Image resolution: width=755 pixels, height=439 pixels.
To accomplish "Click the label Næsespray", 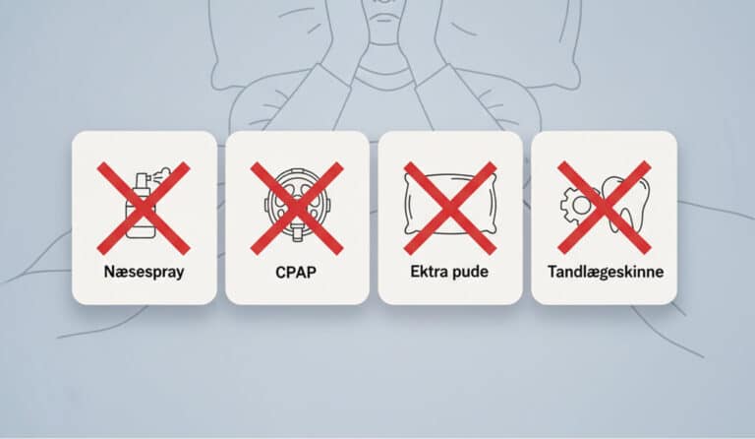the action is pyautogui.click(x=144, y=272).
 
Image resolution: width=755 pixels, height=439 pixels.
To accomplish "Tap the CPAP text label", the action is pyautogui.click(x=296, y=273).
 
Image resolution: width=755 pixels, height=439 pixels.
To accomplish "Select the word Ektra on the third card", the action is pyautogui.click(x=426, y=272).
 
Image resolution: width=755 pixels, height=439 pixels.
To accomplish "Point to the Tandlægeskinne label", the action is pyautogui.click(x=606, y=272).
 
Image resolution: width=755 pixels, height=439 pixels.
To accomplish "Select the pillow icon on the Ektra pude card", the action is pyautogui.click(x=449, y=205).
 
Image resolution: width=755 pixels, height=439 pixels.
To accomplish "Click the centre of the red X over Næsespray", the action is pyautogui.click(x=144, y=208).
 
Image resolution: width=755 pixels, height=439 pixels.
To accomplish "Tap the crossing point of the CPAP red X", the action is pyautogui.click(x=297, y=208).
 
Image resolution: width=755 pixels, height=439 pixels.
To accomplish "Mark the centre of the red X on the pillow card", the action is pyautogui.click(x=449, y=208).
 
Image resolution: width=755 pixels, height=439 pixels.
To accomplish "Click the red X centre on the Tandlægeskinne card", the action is pyautogui.click(x=605, y=208).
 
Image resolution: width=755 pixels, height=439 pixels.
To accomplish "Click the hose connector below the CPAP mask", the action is pyautogui.click(x=298, y=233).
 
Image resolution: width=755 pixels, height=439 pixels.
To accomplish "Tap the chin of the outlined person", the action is pyautogui.click(x=383, y=19).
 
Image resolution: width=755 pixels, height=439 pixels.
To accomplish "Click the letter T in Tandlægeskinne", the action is pyautogui.click(x=552, y=271).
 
